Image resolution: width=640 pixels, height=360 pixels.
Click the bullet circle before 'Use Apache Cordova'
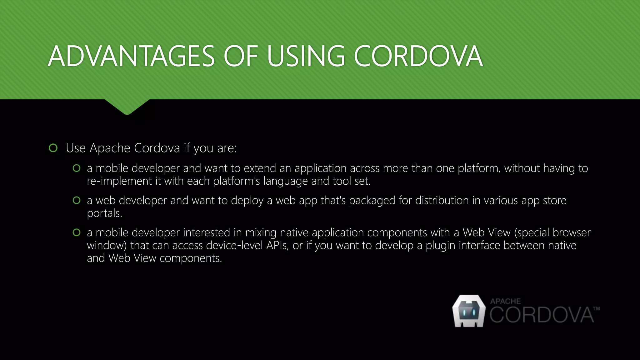53,148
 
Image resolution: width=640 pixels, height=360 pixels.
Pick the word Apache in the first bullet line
110,148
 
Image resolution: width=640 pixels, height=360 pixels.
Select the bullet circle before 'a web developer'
77,200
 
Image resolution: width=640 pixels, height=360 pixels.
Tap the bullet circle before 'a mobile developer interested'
77,232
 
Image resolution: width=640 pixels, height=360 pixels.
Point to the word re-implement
119,181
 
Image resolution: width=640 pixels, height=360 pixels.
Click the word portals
104,213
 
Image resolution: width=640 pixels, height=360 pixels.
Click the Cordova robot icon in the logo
469,311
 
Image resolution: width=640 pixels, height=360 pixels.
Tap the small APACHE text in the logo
505,301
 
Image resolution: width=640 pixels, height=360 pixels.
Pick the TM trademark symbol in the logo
596,309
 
